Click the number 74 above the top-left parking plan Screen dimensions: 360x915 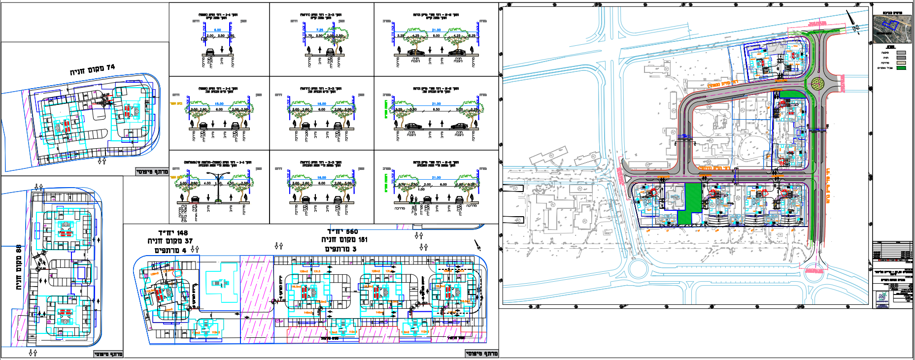110,67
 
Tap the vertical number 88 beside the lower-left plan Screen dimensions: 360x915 18,250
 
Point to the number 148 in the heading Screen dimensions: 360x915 180,233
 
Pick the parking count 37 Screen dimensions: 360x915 189,241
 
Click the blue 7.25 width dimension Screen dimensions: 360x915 319,30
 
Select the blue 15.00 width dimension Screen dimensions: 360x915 219,104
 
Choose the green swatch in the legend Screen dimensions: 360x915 901,68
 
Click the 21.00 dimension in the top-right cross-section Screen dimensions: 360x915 436,30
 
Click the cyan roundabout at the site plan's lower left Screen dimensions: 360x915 638,269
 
